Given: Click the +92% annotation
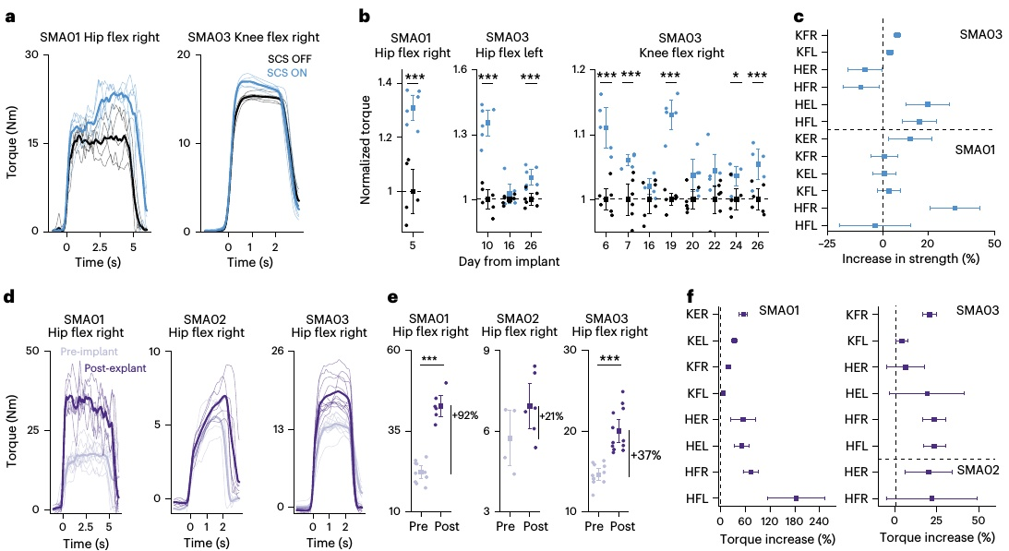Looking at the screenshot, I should pyautogui.click(x=466, y=415).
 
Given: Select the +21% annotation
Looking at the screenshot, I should pyautogui.click(x=553, y=414).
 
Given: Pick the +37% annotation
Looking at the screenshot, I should pyautogui.click(x=646, y=455).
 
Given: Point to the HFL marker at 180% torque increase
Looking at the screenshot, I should pyautogui.click(x=796, y=498).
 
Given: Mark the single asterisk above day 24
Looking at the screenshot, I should pyautogui.click(x=736, y=77).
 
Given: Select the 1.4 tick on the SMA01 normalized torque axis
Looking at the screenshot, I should pyautogui.click(x=382, y=83).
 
